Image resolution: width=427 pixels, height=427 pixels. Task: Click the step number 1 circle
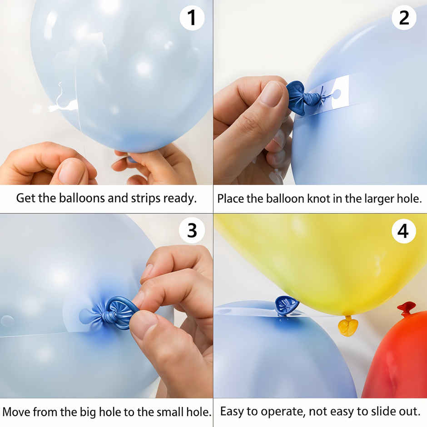tap(191, 18)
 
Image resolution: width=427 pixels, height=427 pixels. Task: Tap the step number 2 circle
tap(404, 18)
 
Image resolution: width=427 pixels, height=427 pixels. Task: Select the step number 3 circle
tap(191, 230)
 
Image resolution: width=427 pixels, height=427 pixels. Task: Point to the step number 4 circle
tap(404, 231)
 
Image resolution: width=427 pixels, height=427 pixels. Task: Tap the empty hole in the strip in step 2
tap(337, 94)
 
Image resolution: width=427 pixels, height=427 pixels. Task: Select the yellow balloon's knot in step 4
tap(348, 326)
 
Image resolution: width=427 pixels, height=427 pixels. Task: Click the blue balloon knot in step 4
tap(286, 305)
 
